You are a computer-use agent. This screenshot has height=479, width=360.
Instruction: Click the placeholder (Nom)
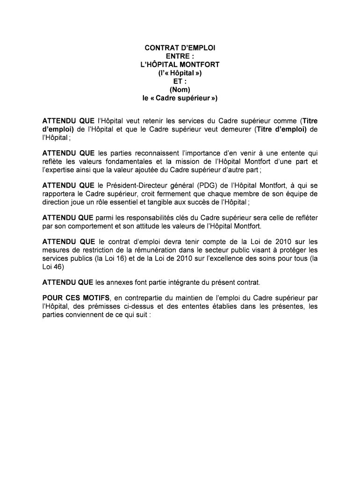[180, 90]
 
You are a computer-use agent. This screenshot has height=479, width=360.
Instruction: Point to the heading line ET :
[180, 81]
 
